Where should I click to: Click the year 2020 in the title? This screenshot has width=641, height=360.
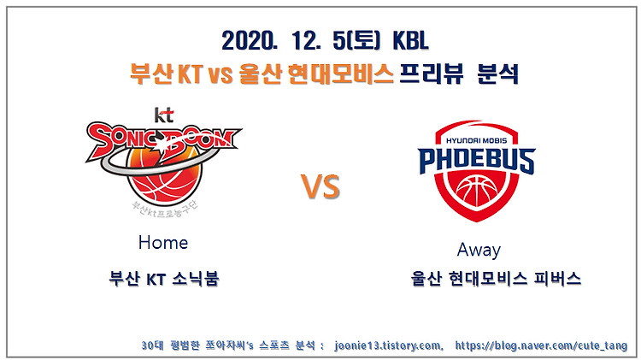249,41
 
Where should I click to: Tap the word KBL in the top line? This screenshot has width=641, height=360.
410,41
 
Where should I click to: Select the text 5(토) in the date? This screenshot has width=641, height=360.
356,41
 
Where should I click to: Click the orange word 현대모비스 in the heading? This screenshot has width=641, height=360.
340,74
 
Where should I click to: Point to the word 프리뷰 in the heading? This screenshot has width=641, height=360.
431,74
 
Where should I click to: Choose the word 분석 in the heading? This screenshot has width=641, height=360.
498,74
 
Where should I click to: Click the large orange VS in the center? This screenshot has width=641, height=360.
320,187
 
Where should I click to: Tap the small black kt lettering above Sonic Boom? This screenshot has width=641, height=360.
164,115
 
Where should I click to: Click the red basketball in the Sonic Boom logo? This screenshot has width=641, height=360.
164,177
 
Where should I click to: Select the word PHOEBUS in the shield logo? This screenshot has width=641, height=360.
477,161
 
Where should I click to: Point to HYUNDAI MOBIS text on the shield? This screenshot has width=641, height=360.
476,140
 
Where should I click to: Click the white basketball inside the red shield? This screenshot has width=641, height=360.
477,192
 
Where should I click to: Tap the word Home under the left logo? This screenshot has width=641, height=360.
163,243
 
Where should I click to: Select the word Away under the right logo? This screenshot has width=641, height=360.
479,250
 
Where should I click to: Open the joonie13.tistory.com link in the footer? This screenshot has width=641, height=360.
388,345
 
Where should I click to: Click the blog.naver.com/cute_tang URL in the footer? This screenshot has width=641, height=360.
541,345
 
